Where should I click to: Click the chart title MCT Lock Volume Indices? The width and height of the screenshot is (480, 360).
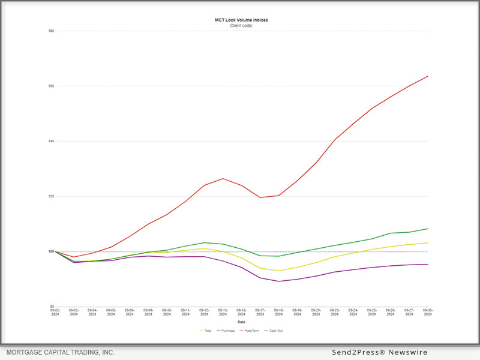coord(242,20)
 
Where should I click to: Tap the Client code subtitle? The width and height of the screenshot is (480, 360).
coord(242,26)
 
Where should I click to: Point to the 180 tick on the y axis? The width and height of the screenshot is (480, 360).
coord(52,31)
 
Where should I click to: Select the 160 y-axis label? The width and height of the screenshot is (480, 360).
coord(52,86)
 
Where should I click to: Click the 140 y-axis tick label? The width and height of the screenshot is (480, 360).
coord(52,141)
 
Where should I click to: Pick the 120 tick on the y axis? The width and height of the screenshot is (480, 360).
coord(52,196)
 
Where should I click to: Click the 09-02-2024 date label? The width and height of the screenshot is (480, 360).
coord(55,312)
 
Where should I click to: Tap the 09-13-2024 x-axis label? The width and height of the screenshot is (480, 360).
coord(223,312)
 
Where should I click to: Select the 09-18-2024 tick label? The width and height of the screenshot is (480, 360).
coord(279,312)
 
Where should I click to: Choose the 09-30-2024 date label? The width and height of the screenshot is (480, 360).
coord(428,312)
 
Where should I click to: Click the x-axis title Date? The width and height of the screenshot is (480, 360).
coord(241,322)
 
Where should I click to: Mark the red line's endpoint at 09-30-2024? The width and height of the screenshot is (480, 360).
coord(428,76)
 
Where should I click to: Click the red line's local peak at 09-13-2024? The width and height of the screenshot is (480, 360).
coord(223,178)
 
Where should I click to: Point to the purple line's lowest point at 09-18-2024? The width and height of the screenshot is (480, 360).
coord(279,281)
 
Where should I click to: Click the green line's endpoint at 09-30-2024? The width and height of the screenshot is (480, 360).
coord(428,229)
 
